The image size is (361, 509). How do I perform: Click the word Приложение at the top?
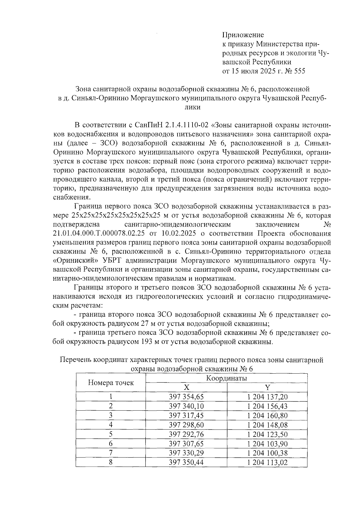tap(243, 35)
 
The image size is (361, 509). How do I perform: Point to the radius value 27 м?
tap(146, 324)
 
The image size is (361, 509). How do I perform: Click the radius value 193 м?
tap(149, 342)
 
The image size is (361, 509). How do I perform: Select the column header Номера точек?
tap(111, 383)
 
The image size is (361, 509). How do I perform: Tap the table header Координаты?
tap(227, 378)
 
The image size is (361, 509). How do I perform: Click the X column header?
tap(186, 387)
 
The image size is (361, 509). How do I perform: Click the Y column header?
tap(267, 387)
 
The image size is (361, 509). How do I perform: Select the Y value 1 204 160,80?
tap(267, 415)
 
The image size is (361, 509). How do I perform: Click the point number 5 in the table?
tap(111, 434)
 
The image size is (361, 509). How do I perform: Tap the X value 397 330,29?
tap(186, 453)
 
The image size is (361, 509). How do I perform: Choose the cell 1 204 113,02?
tap(267, 462)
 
